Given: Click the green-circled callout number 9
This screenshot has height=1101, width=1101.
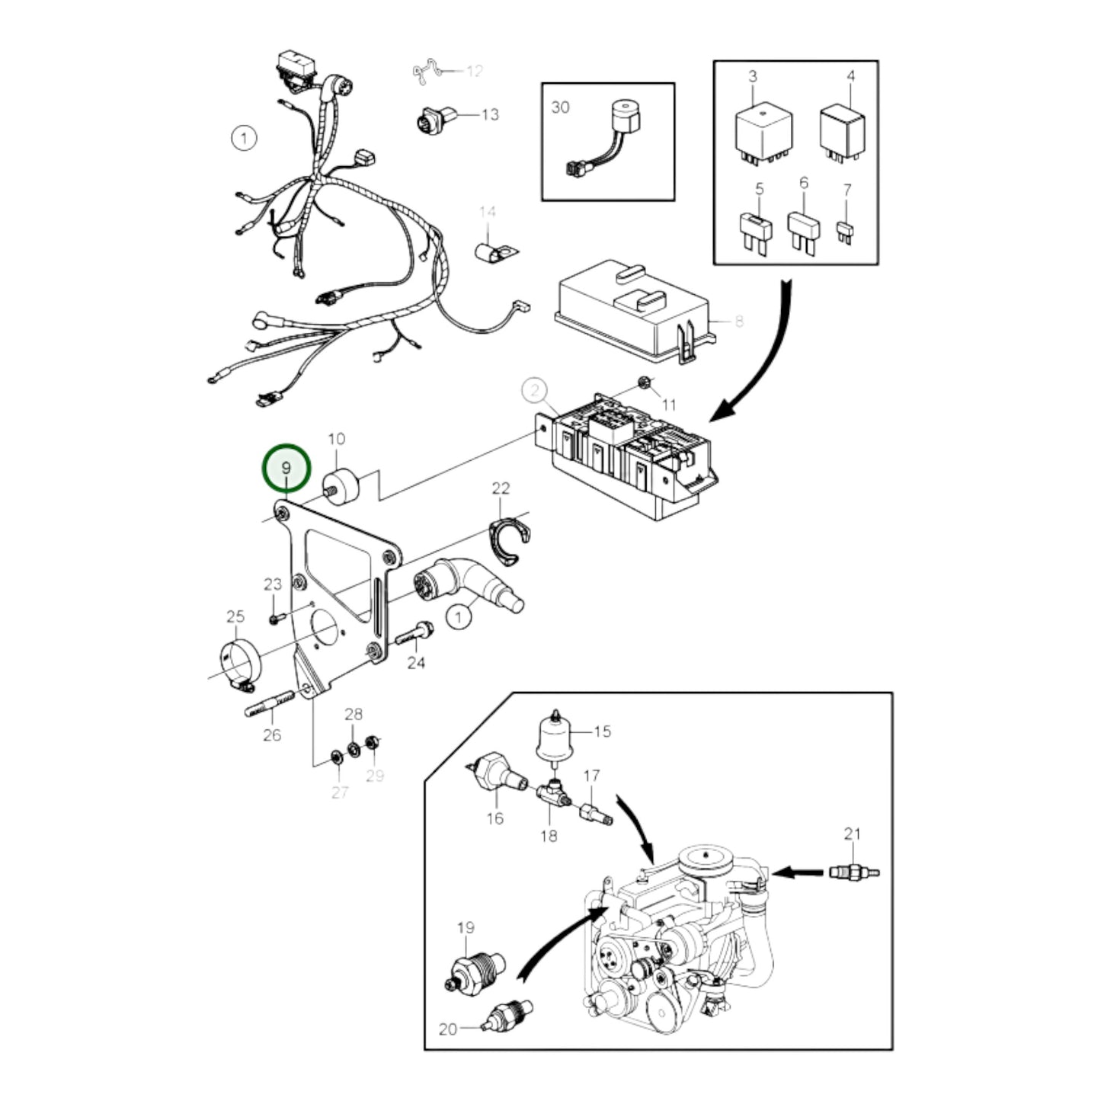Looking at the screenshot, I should pos(286,468).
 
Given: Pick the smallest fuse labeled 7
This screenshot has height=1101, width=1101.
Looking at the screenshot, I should pos(845,232).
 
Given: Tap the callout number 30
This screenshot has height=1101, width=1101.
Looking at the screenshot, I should pos(560,107).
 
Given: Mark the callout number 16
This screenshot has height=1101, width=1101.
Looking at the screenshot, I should pos(495,818).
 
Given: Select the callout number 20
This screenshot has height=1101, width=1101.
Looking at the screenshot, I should pos(448,1029).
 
